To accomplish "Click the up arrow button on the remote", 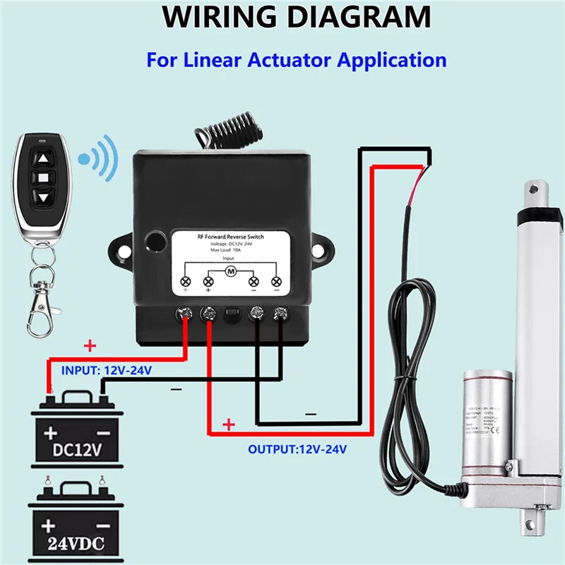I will [44, 160].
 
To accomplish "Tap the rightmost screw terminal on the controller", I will [281, 312].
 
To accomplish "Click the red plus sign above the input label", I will [90, 346].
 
